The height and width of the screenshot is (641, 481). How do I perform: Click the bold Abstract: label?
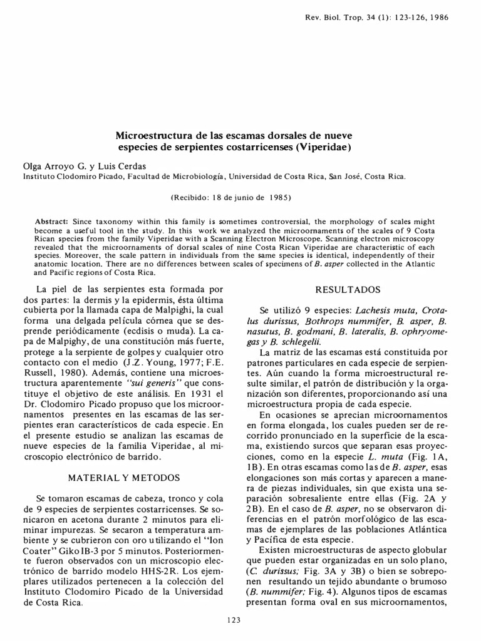tap(53, 222)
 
